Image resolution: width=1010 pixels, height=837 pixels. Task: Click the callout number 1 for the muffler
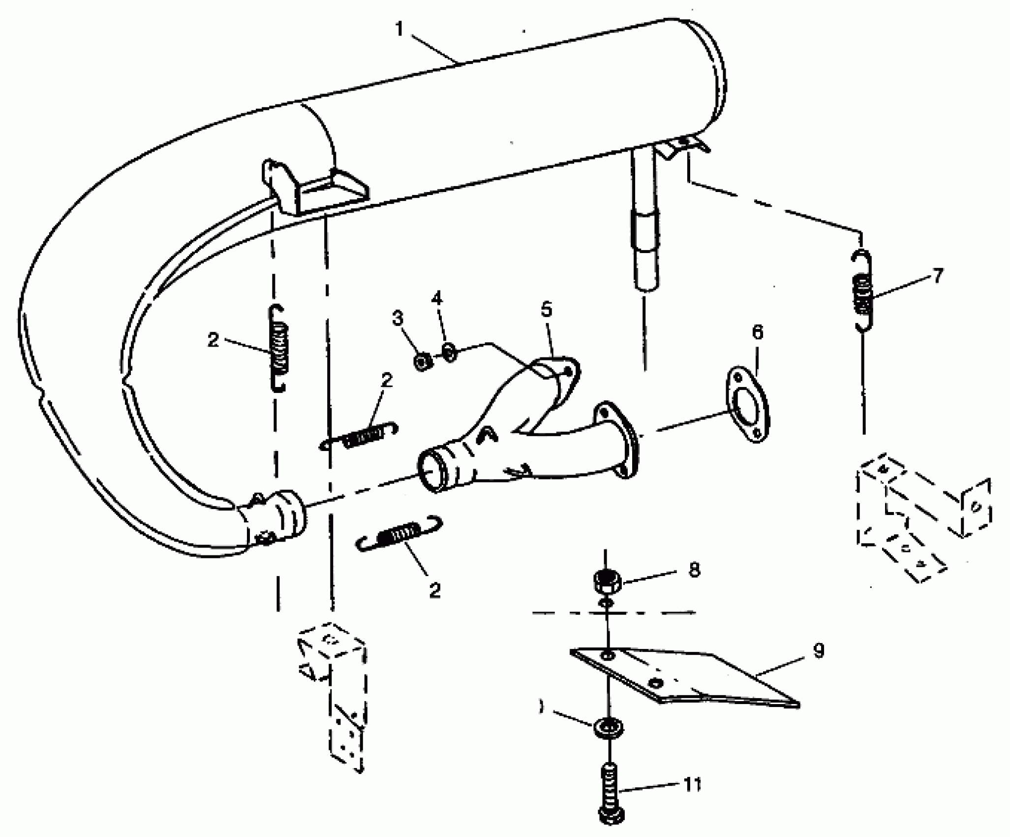coord(399,30)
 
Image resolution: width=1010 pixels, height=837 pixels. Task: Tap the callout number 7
coord(938,276)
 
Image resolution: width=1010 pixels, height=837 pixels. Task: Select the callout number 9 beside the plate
coord(817,651)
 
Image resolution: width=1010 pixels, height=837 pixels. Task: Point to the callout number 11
coord(691,784)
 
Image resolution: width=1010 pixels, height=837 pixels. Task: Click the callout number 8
coord(694,570)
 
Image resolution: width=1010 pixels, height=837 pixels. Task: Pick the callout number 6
coord(758,333)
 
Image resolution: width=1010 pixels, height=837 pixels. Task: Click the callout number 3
coord(398,319)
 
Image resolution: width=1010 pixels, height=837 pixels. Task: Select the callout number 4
coord(437,298)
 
